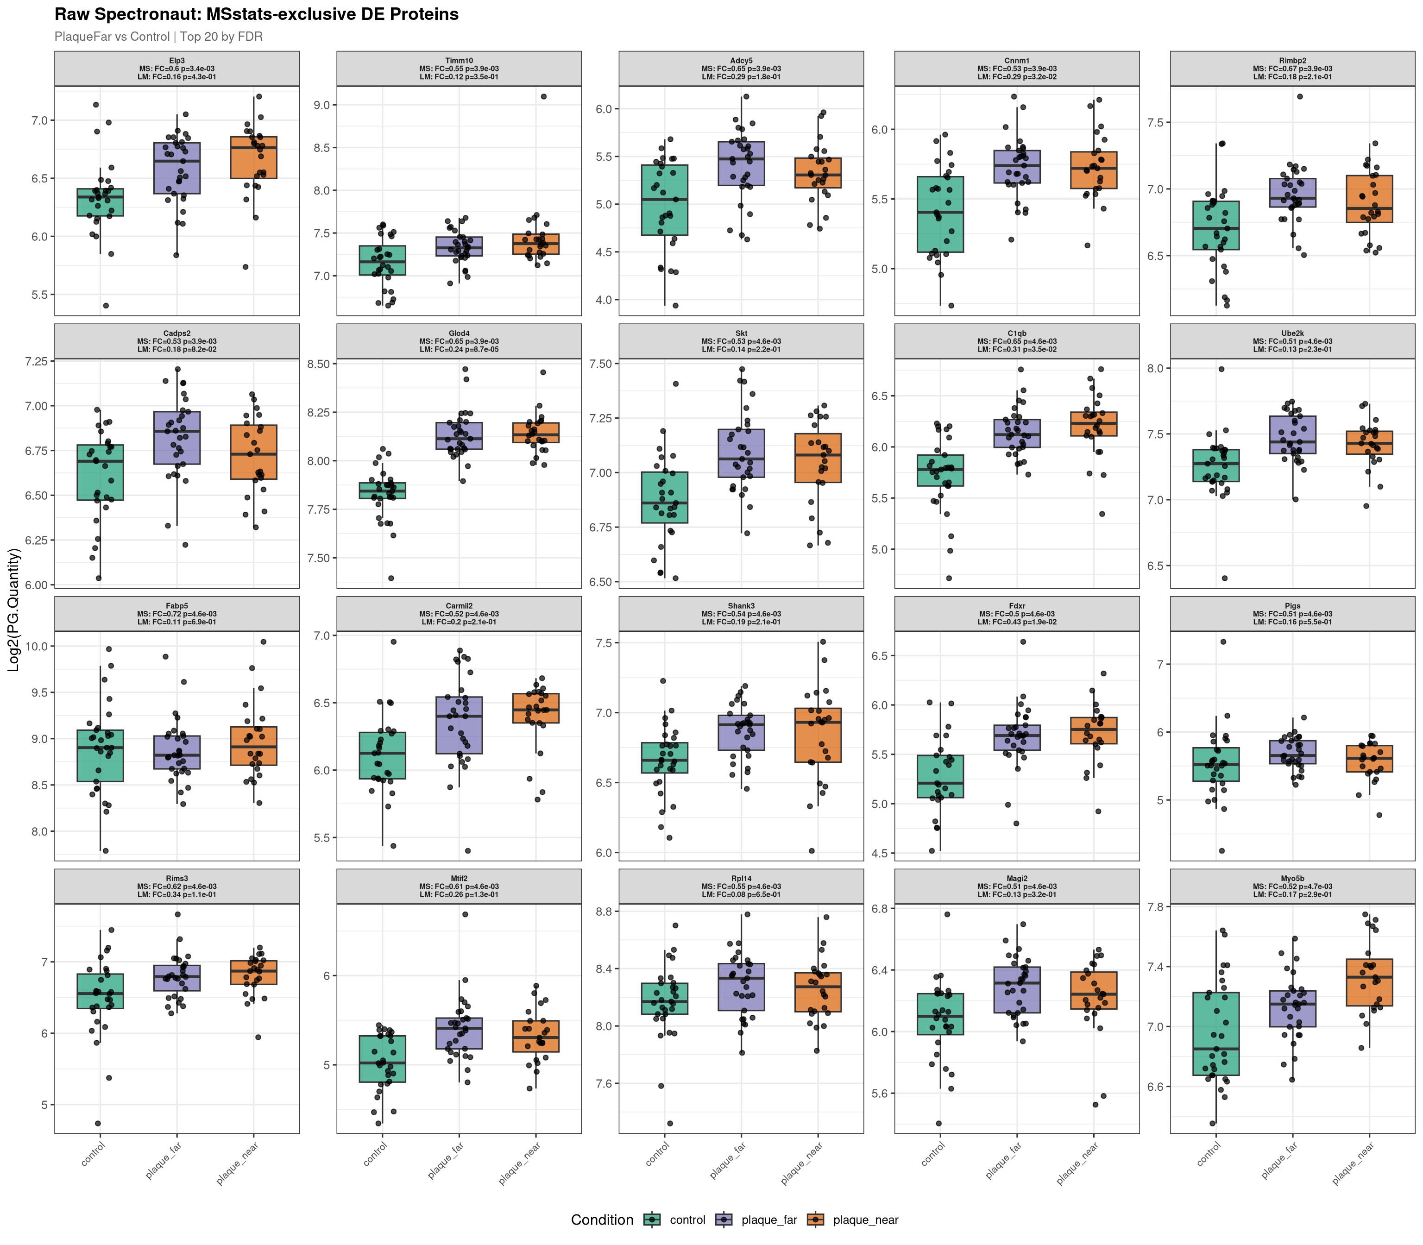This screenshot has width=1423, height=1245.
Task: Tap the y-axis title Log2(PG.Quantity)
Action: click(x=14, y=610)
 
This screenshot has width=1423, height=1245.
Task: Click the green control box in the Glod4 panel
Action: click(x=382, y=490)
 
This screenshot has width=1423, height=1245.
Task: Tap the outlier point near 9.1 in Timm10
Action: click(x=543, y=96)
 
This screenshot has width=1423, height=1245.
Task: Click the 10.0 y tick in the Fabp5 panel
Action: click(x=35, y=646)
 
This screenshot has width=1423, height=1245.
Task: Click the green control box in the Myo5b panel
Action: click(x=1216, y=1034)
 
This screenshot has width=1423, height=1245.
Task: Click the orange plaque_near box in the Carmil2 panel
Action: click(x=535, y=708)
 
